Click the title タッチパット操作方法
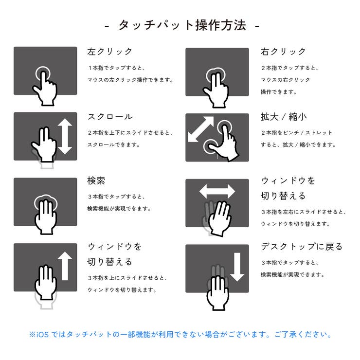(x=182, y=25)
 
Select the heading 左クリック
(x=110, y=51)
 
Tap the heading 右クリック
(x=284, y=51)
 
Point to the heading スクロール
(x=110, y=117)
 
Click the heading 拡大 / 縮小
(x=284, y=117)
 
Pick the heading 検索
(x=96, y=180)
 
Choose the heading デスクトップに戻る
(x=302, y=246)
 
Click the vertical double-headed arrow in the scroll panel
(x=65, y=137)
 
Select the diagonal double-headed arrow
(x=200, y=129)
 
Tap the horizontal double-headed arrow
(x=217, y=191)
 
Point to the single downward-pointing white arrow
(x=237, y=267)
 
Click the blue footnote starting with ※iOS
(x=180, y=335)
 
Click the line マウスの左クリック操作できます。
(x=130, y=80)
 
